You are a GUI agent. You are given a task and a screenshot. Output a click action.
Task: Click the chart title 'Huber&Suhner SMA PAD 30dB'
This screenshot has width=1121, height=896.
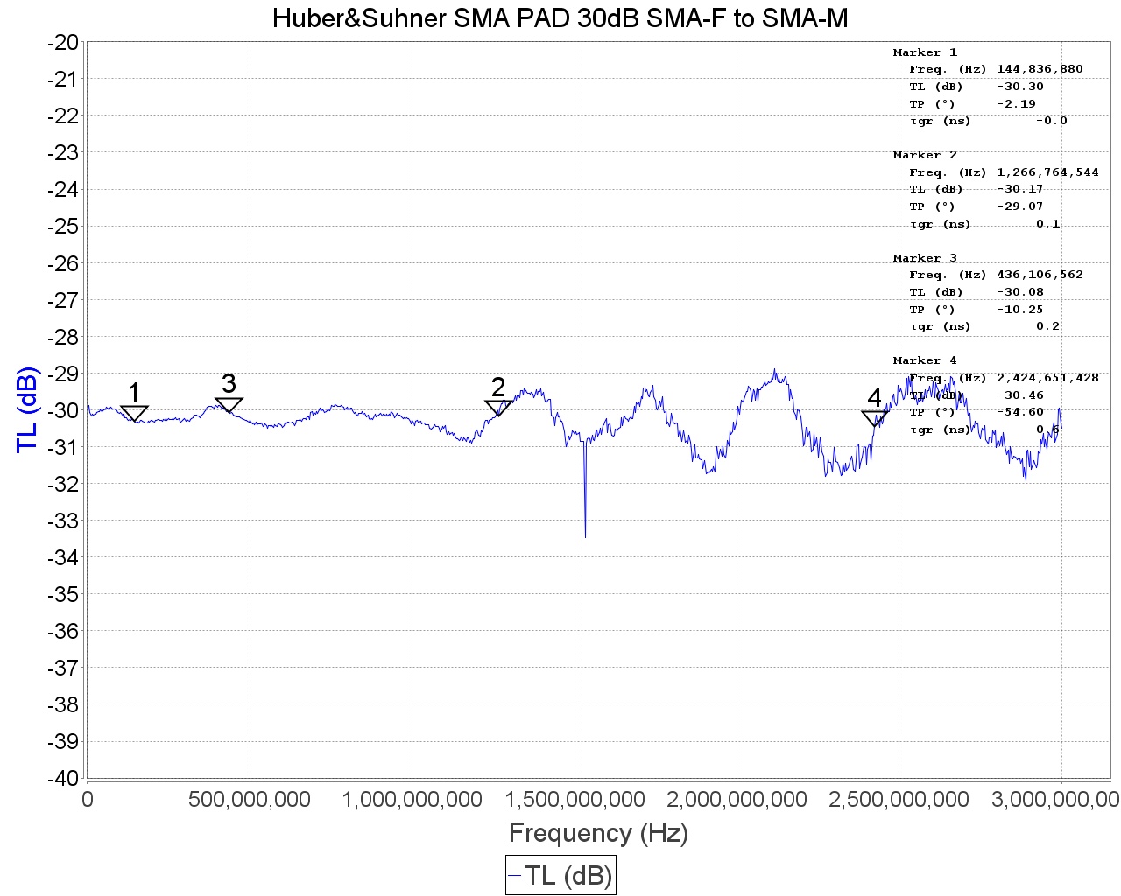click(560, 17)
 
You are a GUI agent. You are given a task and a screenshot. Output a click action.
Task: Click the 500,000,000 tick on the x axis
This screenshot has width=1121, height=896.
click(250, 799)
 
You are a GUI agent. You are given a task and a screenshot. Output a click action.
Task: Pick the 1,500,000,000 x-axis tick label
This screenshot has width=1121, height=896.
click(575, 799)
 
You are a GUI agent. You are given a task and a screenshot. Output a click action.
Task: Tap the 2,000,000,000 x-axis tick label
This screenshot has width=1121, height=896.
click(737, 799)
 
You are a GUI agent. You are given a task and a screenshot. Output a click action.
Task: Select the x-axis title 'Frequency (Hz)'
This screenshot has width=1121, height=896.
click(598, 832)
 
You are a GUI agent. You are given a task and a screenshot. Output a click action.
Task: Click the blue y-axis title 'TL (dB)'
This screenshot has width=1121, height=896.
click(28, 409)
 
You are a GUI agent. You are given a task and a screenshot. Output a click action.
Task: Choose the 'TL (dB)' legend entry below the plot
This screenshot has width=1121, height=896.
click(560, 875)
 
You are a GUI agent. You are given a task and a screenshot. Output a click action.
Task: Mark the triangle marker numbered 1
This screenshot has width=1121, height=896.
click(134, 413)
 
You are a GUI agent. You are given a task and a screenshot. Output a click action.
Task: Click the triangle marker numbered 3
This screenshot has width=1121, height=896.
click(229, 405)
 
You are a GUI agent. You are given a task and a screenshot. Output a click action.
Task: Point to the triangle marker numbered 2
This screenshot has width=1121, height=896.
click(498, 408)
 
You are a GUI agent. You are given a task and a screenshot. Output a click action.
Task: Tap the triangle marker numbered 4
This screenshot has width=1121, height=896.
click(875, 418)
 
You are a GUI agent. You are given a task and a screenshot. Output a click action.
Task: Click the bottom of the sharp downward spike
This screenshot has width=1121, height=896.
click(585, 536)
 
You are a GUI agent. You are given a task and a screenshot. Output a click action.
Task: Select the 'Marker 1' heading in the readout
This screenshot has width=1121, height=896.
click(925, 52)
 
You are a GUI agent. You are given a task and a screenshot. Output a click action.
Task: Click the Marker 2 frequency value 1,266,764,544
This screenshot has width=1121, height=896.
click(1047, 172)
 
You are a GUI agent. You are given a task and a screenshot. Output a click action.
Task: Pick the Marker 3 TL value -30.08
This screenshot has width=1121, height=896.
click(1020, 292)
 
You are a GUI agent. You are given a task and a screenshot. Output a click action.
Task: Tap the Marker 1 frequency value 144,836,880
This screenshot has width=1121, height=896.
click(1040, 69)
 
